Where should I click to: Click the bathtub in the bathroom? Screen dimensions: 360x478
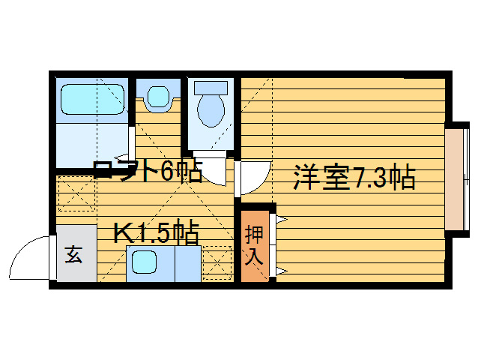coord(90,99)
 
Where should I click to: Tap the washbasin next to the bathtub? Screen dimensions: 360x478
coord(158,97)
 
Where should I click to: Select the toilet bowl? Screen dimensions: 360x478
coord(211,110)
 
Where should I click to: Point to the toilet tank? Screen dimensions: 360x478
coord(211,86)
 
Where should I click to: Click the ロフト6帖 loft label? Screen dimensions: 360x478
coord(147,172)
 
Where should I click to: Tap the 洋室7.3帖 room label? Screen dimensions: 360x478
coord(354,179)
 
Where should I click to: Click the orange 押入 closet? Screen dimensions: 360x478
coord(253,244)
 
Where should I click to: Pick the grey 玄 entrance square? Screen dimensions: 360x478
coord(74,254)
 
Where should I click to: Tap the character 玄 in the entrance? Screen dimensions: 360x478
coord(74,254)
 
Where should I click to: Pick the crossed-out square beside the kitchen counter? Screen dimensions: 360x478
coord(217,262)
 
